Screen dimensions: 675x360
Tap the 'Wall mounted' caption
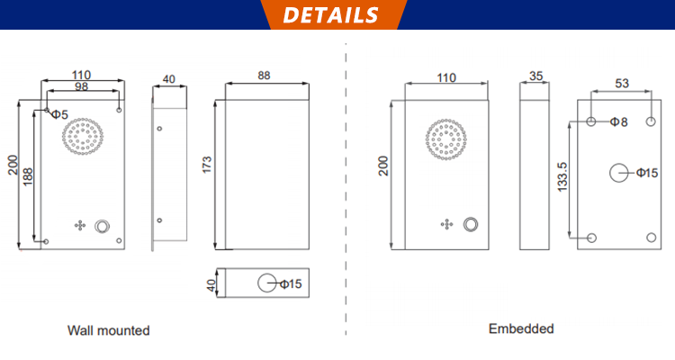coord(108,330)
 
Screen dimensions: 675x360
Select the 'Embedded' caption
coord(521,328)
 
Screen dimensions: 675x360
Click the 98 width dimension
coord(81,86)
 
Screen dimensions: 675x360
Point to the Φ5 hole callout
coord(58,114)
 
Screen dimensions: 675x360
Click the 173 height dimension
coord(206,164)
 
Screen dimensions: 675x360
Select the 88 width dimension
coord(264,76)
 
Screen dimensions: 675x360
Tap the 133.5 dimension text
coord(562,176)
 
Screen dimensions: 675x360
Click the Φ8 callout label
coord(618,121)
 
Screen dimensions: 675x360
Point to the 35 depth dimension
coord(536,76)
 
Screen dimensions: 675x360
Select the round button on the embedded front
coord(470,224)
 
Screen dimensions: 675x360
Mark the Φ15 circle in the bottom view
coord(267,283)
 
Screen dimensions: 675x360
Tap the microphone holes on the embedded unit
coord(445,224)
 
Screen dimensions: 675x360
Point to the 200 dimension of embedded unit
coord(384,166)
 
